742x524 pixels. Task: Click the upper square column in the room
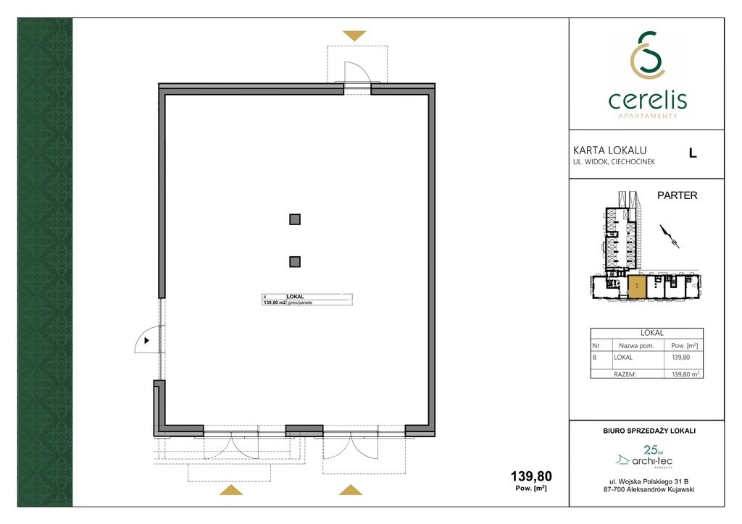coord(295,219)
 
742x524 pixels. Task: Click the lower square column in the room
coord(295,262)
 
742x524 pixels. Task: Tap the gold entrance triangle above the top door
coord(355,35)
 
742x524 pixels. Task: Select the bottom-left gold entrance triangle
coord(231,490)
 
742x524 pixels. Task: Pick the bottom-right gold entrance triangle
coord(350,490)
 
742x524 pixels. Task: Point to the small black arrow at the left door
coord(147,339)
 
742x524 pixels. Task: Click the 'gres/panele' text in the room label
coord(300,303)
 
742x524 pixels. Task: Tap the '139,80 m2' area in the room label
coord(274,303)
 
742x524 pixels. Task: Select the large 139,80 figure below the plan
coord(531,476)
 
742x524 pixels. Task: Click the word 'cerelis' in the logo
coord(647,99)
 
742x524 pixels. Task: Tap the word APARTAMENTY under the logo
coord(647,116)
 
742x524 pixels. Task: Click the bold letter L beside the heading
coord(693,153)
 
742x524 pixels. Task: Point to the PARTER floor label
coord(677,195)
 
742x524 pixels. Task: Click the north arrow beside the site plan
coord(669,236)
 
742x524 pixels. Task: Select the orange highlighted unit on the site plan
coord(636,287)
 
